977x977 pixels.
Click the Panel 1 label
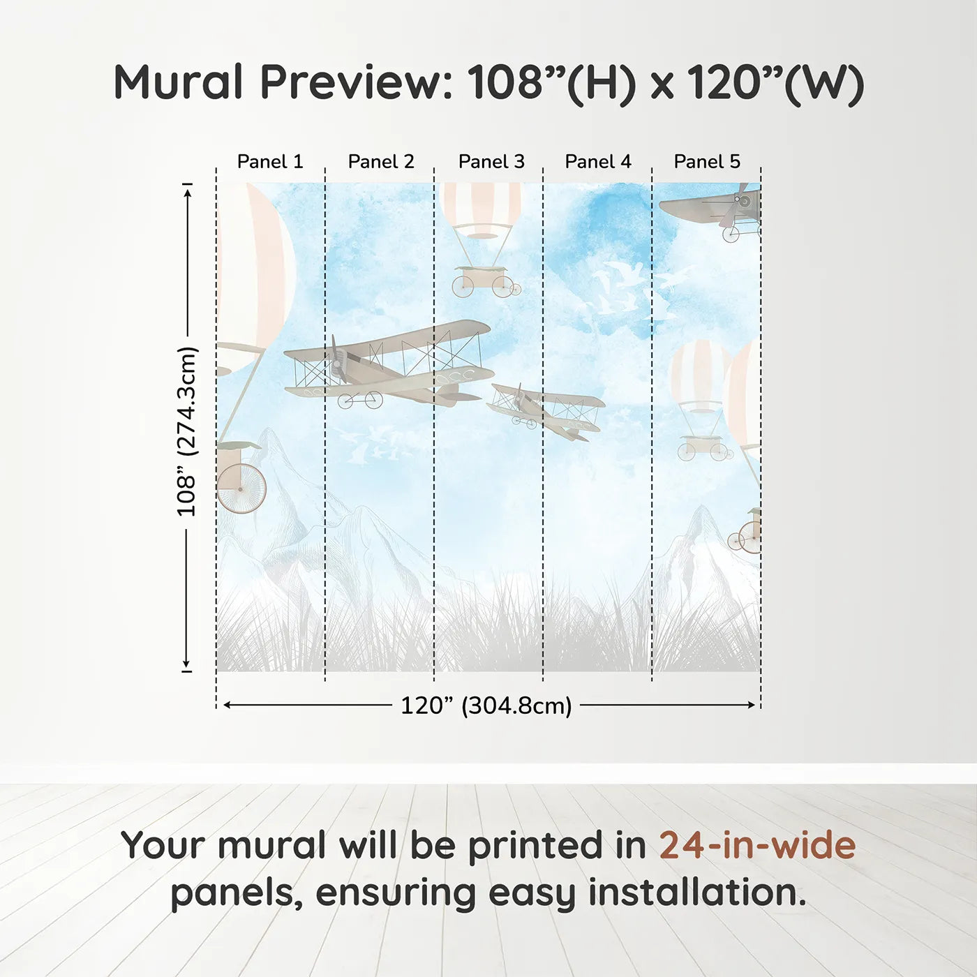(x=270, y=162)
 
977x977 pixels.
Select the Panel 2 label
(x=380, y=162)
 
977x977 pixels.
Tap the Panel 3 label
(x=491, y=162)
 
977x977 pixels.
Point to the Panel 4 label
(x=597, y=162)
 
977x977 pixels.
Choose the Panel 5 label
(x=706, y=162)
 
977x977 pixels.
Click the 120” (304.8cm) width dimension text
(x=486, y=706)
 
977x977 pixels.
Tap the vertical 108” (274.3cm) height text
(x=187, y=431)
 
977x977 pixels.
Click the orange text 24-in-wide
(x=757, y=845)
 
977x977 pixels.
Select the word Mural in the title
(x=179, y=82)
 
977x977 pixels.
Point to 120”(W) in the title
(x=775, y=82)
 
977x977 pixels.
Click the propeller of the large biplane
(x=337, y=360)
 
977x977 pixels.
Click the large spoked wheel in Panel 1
(x=241, y=488)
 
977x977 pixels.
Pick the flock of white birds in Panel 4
(x=625, y=293)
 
